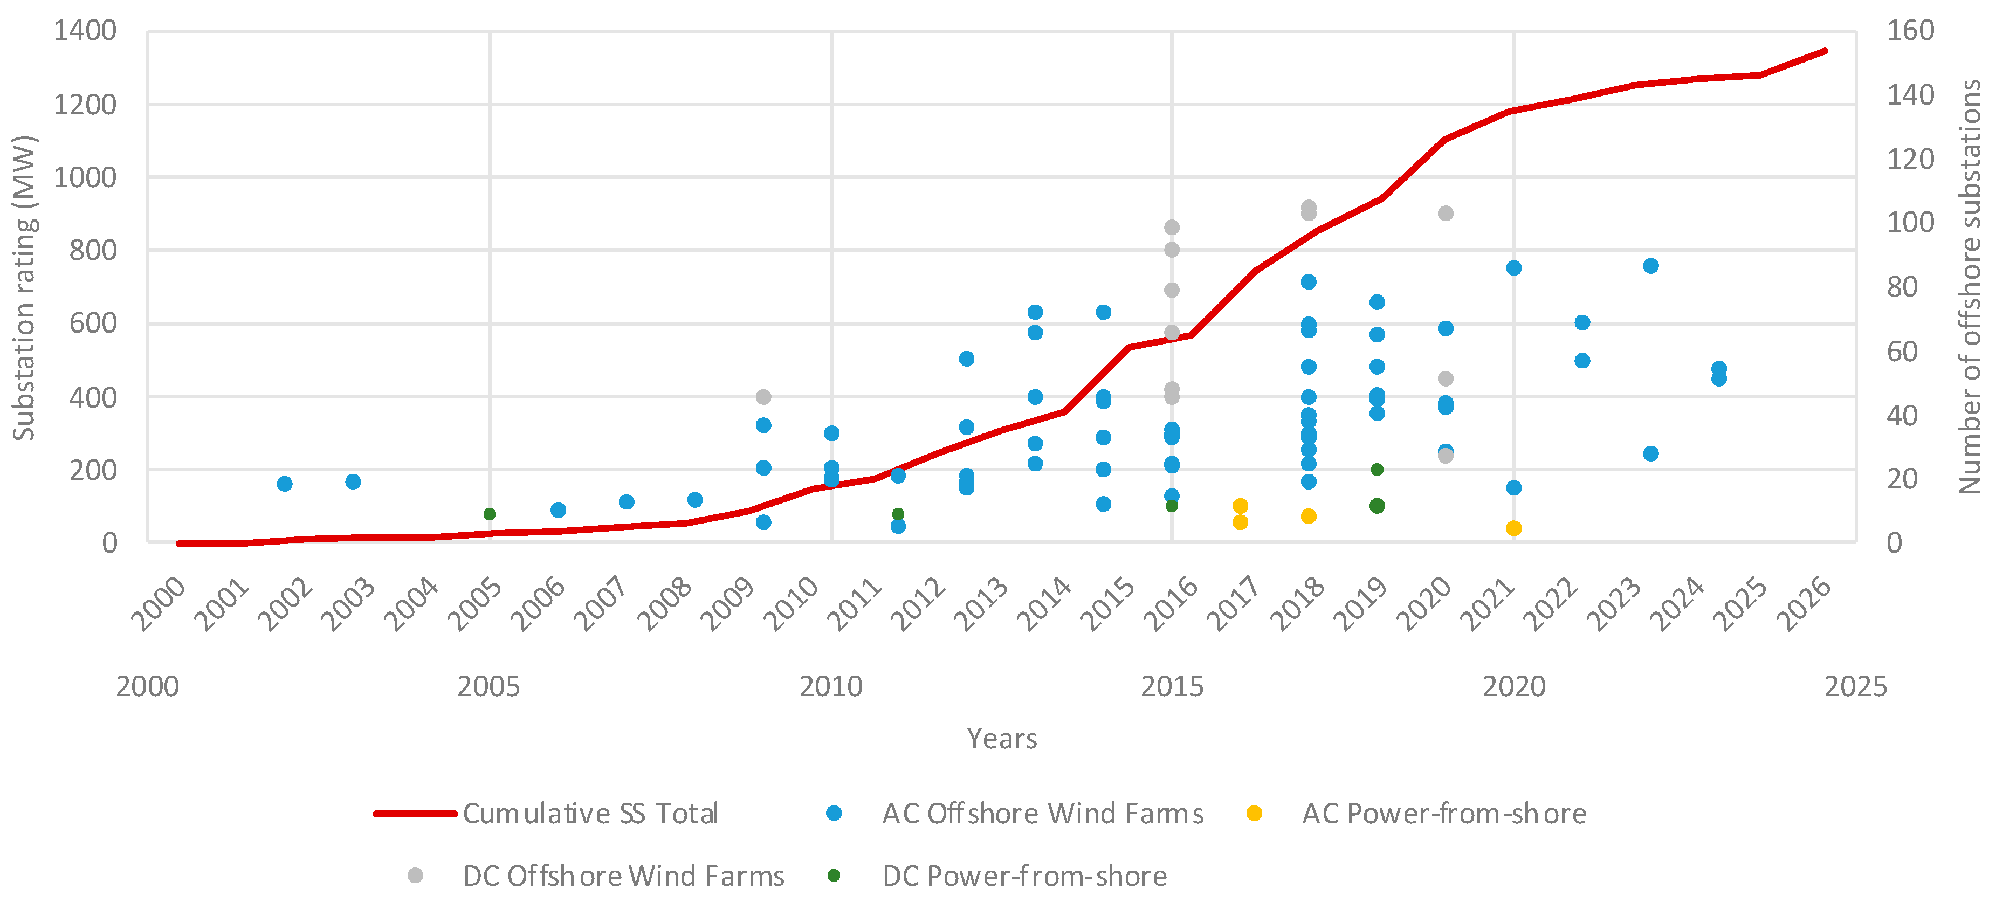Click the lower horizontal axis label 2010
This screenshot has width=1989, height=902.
coord(831,686)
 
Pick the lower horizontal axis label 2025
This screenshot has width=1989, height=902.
coord(1855,686)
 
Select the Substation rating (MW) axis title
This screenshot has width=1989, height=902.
coord(25,288)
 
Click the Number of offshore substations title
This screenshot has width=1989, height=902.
coord(1970,286)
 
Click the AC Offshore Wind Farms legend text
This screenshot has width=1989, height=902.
coord(1042,813)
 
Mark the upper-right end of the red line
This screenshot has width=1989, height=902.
coord(1825,51)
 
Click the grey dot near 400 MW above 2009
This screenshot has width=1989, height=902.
coord(763,397)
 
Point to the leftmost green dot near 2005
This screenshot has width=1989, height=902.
coord(490,514)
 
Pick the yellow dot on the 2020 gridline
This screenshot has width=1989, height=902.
coord(1513,528)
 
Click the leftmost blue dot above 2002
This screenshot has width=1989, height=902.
coord(284,484)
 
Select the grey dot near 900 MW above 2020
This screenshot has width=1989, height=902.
coord(1446,213)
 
